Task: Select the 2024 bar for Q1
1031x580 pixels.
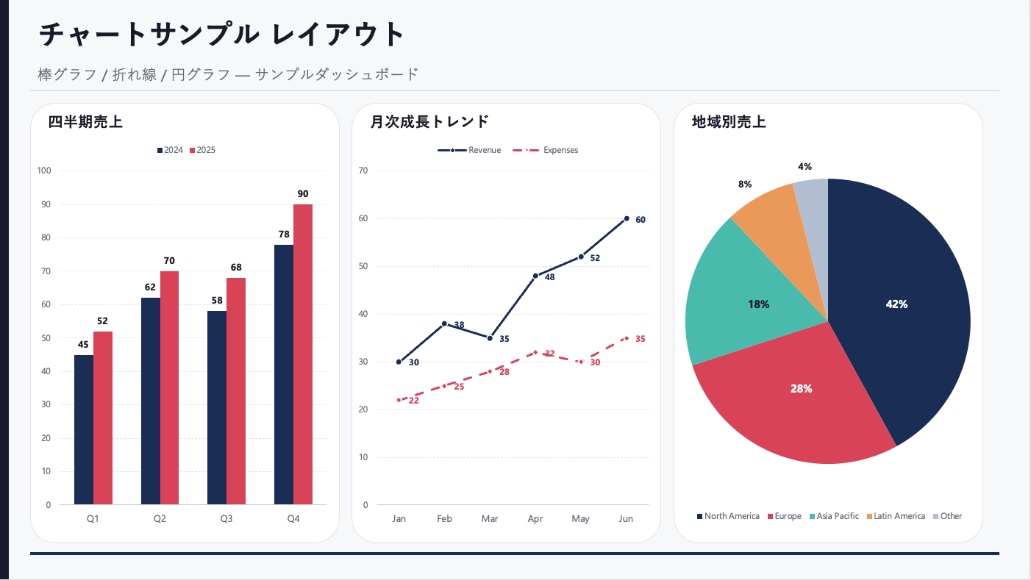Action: pyautogui.click(x=84, y=430)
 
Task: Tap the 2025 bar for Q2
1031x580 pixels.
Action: pyautogui.click(x=169, y=388)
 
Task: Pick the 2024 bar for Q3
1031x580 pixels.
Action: pyautogui.click(x=217, y=408)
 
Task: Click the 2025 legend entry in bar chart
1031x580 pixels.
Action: pyautogui.click(x=202, y=150)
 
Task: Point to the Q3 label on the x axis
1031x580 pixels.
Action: pyautogui.click(x=226, y=519)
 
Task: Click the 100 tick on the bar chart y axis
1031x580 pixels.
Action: pyautogui.click(x=44, y=171)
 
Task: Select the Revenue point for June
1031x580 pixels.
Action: pyautogui.click(x=627, y=218)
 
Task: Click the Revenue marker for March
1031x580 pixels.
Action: pyautogui.click(x=490, y=338)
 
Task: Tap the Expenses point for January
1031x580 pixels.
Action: pyautogui.click(x=399, y=400)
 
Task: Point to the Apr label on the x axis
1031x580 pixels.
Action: pyautogui.click(x=535, y=519)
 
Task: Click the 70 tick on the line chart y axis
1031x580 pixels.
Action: pyautogui.click(x=363, y=171)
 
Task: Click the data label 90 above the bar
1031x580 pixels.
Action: pyautogui.click(x=303, y=194)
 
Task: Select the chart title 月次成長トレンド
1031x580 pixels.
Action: pyautogui.click(x=429, y=122)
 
